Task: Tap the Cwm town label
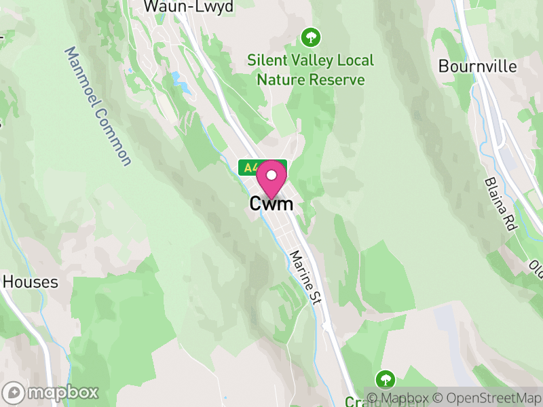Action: click(271, 203)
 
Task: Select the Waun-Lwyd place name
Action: click(189, 7)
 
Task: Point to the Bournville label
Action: click(477, 66)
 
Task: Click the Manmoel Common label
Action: click(98, 106)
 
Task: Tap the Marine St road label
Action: click(304, 277)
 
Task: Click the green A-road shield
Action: click(249, 168)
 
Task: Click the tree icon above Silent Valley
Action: click(310, 35)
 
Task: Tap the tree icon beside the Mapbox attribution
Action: click(386, 379)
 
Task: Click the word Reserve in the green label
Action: click(337, 80)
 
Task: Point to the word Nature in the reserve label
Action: click(281, 80)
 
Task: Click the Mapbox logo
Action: click(51, 392)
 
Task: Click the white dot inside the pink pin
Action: click(271, 174)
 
